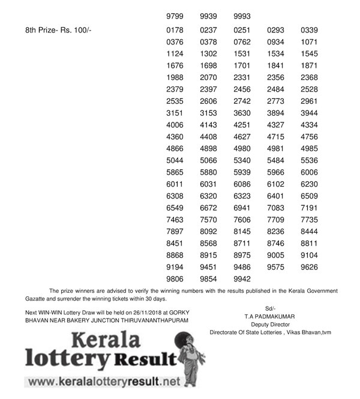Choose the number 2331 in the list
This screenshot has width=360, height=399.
click(x=242, y=77)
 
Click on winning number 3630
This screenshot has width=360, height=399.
click(x=242, y=113)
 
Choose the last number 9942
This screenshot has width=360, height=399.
click(x=242, y=278)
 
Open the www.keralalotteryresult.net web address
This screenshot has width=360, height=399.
click(x=103, y=381)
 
